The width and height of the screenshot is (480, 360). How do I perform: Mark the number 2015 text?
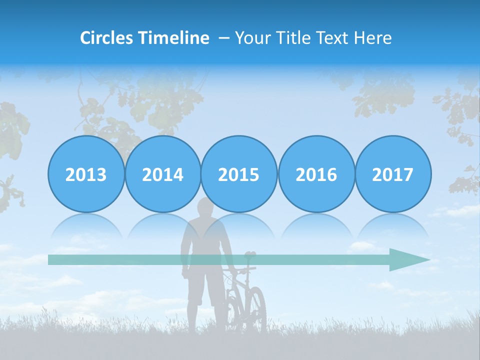pos(239,175)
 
